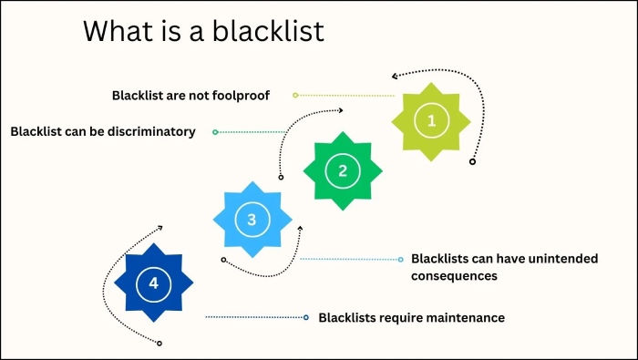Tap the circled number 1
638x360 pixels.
pos(432,119)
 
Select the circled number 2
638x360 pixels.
pos(342,170)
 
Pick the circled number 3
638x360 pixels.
pos(252,218)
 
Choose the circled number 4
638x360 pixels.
pos(153,283)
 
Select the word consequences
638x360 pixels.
pos(454,275)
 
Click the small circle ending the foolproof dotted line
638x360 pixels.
pos(295,95)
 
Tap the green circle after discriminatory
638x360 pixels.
pos(215,132)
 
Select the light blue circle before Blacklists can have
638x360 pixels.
pos(400,259)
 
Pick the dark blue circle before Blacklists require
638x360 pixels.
pos(306,317)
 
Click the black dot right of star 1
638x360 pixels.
pos(471,161)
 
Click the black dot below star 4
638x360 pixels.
pos(159,343)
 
